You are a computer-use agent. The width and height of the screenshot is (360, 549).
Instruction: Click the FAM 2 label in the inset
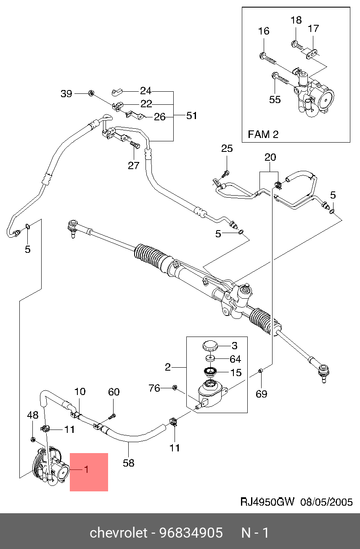point(263,135)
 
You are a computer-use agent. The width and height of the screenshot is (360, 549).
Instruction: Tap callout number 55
point(275,100)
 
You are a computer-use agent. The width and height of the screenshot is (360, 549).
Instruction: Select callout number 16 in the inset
point(264,32)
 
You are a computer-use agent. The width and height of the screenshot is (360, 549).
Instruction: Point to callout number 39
point(67,94)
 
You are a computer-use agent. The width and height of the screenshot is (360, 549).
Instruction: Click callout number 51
point(192,116)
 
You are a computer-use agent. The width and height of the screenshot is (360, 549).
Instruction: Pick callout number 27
point(133,165)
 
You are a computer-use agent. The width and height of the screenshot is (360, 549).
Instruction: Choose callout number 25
point(227,148)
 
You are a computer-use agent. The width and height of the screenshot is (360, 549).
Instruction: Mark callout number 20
point(270,157)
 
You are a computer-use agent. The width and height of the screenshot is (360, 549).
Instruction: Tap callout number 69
point(262,394)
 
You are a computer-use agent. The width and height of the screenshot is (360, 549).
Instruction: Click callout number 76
point(155,388)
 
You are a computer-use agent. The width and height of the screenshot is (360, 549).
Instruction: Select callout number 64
point(235,359)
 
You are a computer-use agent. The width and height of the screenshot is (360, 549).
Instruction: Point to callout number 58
point(129,463)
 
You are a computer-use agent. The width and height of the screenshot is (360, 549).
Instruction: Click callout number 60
point(114,392)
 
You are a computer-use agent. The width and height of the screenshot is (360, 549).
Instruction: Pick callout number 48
point(33,416)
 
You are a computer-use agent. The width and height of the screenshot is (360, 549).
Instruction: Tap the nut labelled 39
point(90,93)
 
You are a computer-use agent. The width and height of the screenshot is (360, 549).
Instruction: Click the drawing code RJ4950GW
point(268,502)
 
